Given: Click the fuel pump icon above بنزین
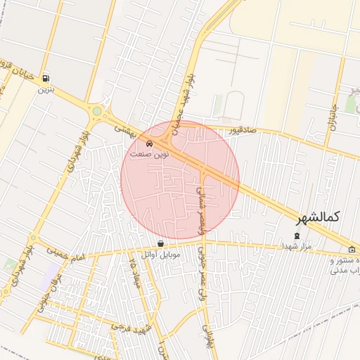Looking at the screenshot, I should click(46, 78).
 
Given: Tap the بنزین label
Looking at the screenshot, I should click(46, 89).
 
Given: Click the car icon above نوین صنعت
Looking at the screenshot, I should click(150, 143).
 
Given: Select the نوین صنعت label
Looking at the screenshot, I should click(148, 153).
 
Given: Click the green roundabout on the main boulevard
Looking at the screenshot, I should click(96, 111).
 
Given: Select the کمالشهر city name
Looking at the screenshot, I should click(323, 217).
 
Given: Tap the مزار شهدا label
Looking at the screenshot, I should click(296, 246).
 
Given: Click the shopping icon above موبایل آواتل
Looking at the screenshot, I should click(162, 243).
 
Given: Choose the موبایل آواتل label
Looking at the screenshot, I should click(161, 254).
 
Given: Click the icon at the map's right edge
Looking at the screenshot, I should click(352, 249).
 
